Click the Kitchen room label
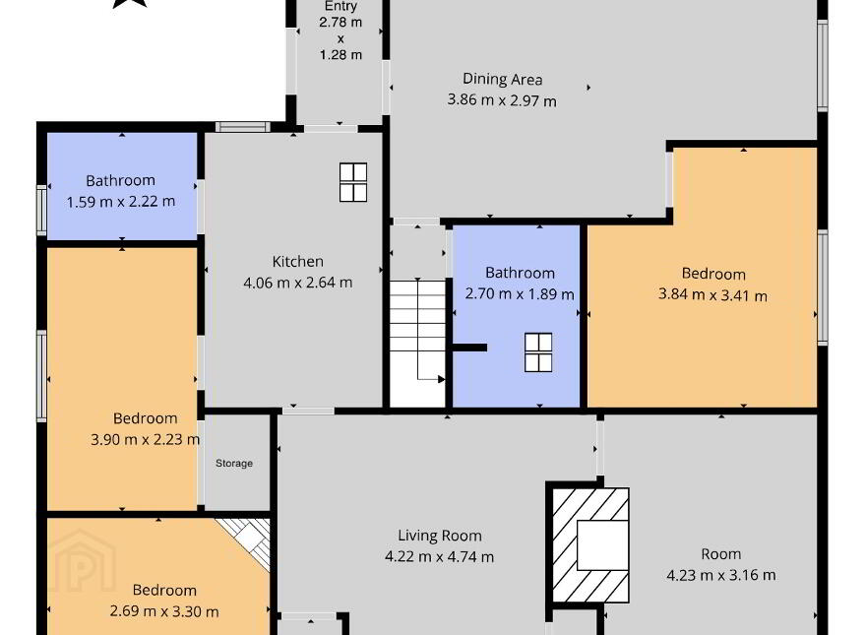pyautogui.click(x=297, y=262)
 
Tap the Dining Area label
pyautogui.click(x=502, y=80)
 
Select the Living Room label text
pyautogui.click(x=440, y=537)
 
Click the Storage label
pyautogui.click(x=234, y=463)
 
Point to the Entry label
pyautogui.click(x=340, y=6)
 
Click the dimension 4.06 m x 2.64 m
pyautogui.click(x=297, y=283)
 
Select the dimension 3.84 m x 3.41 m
pyautogui.click(x=712, y=294)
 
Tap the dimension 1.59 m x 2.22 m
pyautogui.click(x=121, y=202)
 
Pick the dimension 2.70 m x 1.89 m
pyautogui.click(x=520, y=293)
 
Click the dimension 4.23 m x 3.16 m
pyautogui.click(x=720, y=575)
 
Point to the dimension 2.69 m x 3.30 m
pyautogui.click(x=164, y=611)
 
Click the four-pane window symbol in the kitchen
pyautogui.click(x=353, y=182)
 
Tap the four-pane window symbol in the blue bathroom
pyautogui.click(x=538, y=352)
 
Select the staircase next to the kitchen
pyautogui.click(x=417, y=344)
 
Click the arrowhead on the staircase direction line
pyautogui.click(x=441, y=379)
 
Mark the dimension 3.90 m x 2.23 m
pyautogui.click(x=146, y=439)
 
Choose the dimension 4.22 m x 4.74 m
pyautogui.click(x=440, y=556)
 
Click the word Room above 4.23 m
pyautogui.click(x=720, y=554)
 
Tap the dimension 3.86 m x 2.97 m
pyautogui.click(x=502, y=100)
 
